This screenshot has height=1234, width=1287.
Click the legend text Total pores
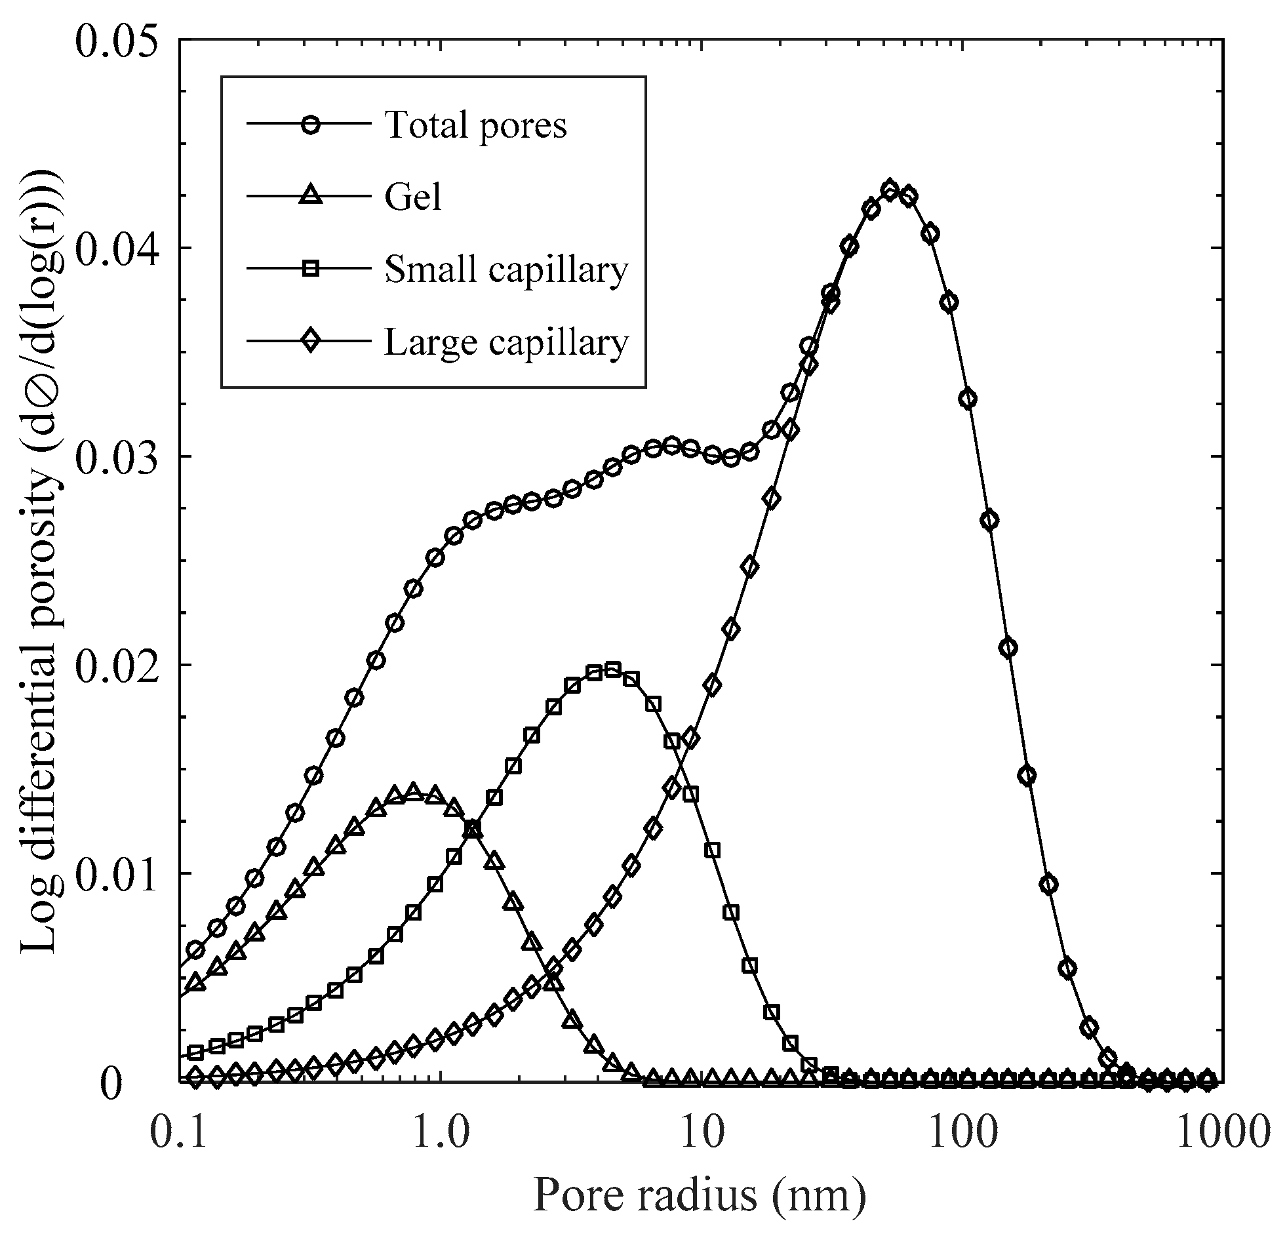click(475, 125)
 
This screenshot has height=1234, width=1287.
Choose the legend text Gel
click(413, 197)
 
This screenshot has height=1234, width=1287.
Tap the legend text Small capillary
click(505, 269)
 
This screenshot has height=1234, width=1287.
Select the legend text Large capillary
click(505, 342)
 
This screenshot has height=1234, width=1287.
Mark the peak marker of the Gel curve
click(413, 791)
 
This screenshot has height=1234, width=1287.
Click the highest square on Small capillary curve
click(612, 670)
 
